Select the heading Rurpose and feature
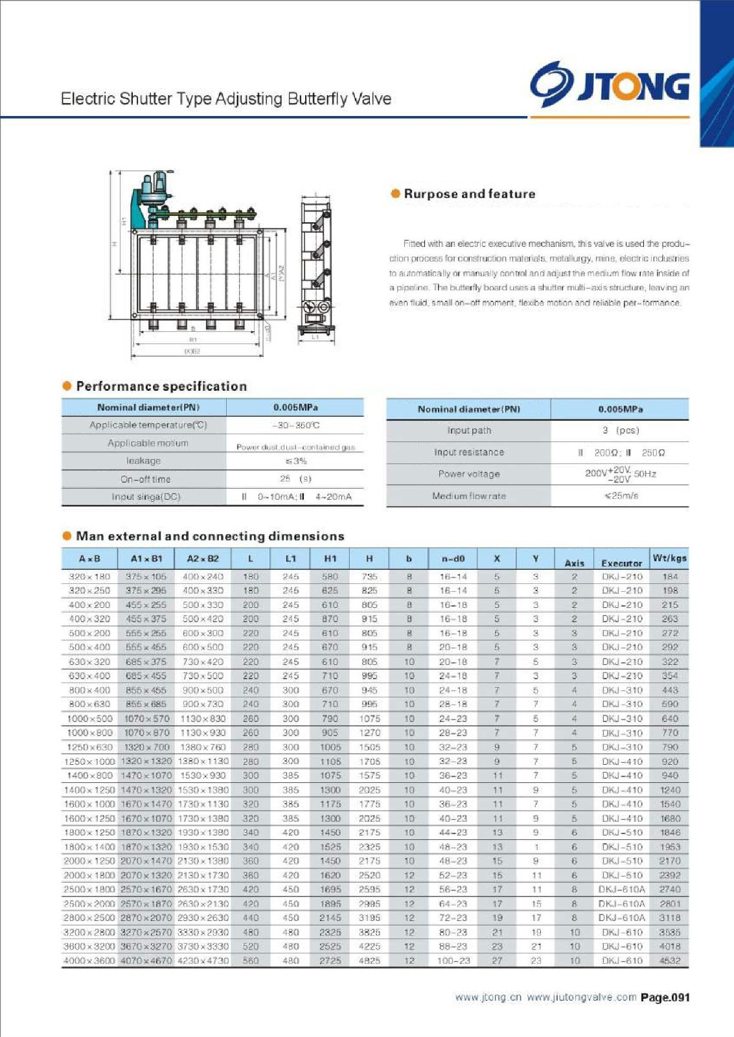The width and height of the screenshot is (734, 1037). coord(469,194)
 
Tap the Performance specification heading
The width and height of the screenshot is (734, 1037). coord(161,386)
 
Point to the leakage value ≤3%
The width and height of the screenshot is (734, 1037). coord(295,461)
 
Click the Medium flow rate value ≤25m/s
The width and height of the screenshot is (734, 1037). coord(621,496)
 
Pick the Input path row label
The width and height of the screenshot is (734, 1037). coord(469,430)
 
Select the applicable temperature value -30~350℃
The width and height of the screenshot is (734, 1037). coord(295,426)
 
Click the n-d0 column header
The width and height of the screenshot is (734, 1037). coord(453,559)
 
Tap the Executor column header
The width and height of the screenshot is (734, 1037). coord(621,563)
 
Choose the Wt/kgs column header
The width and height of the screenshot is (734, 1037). coord(669,558)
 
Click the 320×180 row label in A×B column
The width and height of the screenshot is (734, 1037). coord(89,576)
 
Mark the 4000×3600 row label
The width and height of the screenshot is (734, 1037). coord(89,961)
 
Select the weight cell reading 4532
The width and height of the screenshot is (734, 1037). coord(669,961)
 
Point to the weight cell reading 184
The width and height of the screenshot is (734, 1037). coord(670,576)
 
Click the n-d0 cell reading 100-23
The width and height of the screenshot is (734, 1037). coord(453,961)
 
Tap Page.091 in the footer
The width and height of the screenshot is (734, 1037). coord(665,997)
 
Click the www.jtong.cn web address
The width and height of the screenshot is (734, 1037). coord(488,997)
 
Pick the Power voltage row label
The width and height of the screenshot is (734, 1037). coord(469,474)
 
